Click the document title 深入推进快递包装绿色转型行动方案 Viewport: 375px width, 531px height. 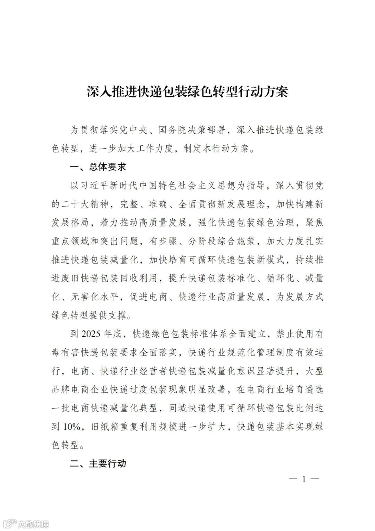pos(187,92)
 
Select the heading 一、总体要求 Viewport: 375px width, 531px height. pos(98,167)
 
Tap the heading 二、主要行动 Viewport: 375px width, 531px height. pos(98,464)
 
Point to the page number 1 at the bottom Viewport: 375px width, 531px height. pos(304,479)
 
